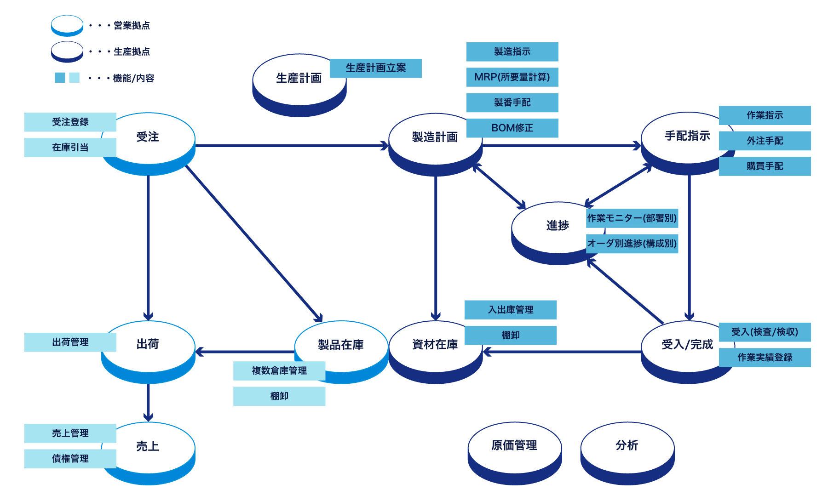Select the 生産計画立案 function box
pos(375,68)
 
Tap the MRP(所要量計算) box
pos(512,77)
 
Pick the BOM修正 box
pos(512,128)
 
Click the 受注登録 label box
pos(70,122)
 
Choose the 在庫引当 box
pos(70,148)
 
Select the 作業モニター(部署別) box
pos(632,218)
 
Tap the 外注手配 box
pos(765,141)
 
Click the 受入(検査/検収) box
pos(765,332)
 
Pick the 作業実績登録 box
pos(765,358)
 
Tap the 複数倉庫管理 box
pos(279,370)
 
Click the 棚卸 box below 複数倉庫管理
pos(279,396)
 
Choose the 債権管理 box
pos(70,459)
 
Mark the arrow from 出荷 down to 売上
pos(148,402)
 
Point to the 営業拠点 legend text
pos(132,26)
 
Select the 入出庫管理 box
pos(511,310)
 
